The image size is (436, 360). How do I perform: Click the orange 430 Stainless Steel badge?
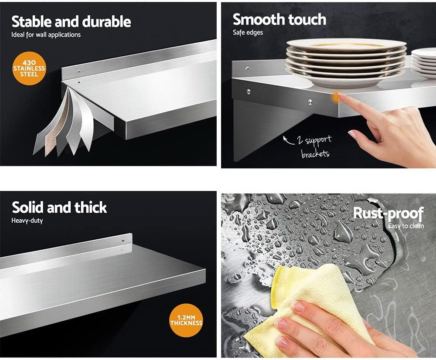tap(29, 68)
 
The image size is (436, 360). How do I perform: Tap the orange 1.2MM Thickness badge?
tap(186, 320)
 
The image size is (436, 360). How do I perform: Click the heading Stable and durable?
tap(71, 22)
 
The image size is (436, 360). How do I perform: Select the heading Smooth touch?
tap(279, 20)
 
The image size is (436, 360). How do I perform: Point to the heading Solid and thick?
tap(59, 207)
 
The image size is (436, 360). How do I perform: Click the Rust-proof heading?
tap(388, 214)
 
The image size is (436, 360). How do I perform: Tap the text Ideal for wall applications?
tap(46, 35)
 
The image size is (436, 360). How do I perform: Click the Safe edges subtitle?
tap(248, 33)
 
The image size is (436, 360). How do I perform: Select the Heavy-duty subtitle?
tap(27, 221)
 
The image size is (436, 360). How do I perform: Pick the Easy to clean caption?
tap(406, 226)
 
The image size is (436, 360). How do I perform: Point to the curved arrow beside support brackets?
tap(288, 141)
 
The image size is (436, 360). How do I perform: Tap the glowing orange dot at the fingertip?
tap(337, 97)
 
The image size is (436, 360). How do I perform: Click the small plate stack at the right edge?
tap(423, 63)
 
